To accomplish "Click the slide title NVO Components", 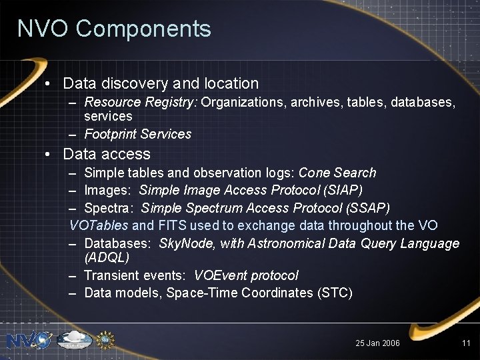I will (x=114, y=29).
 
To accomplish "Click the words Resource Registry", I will (x=140, y=103).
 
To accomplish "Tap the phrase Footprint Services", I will (x=138, y=134).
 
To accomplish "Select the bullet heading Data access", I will (x=107, y=154).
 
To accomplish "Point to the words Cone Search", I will (x=337, y=173).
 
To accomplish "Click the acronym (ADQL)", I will (x=107, y=257).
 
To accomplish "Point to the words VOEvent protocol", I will (x=246, y=275).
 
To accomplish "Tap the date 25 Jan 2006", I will (x=377, y=343).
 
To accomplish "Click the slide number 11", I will (x=466, y=343).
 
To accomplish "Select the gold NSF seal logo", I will (x=105, y=341).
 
